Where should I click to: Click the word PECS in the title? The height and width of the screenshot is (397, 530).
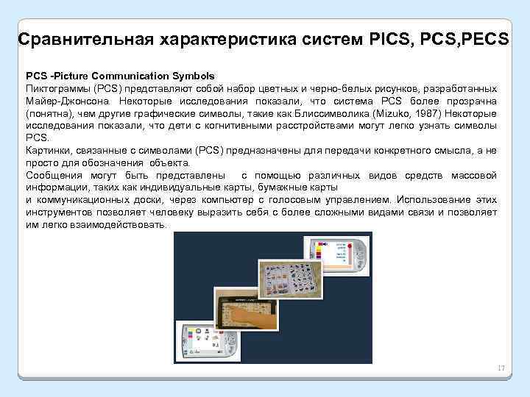click(481, 38)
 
